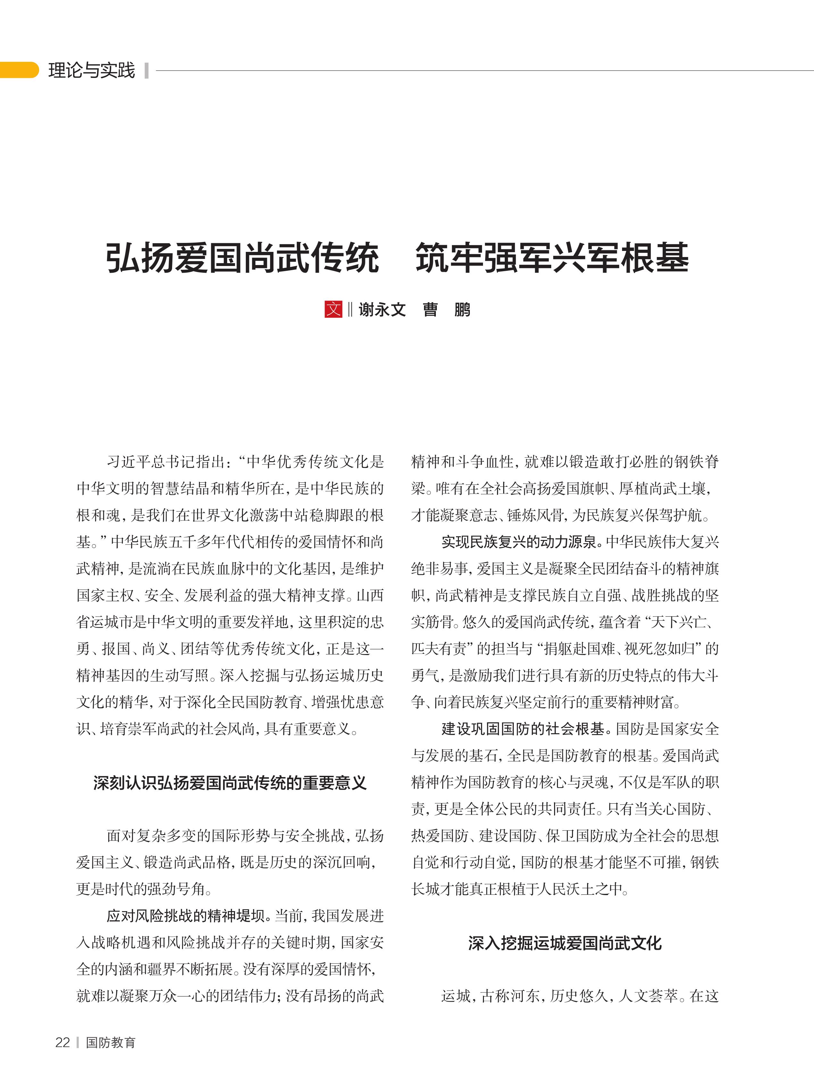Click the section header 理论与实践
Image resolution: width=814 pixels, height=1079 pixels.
point(91,70)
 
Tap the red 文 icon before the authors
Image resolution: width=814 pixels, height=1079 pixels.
point(333,309)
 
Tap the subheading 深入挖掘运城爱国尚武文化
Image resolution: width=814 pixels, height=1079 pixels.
point(565,943)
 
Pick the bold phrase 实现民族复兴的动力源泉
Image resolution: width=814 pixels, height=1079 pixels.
point(519,542)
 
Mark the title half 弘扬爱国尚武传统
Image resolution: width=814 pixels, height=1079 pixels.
point(242,258)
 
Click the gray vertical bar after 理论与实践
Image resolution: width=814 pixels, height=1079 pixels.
point(146,70)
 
